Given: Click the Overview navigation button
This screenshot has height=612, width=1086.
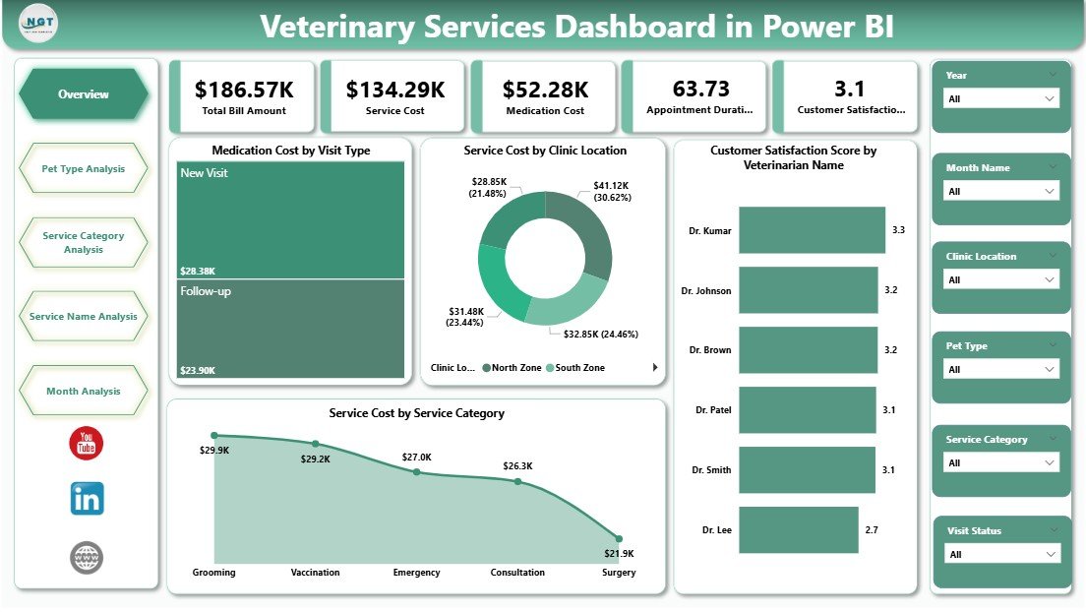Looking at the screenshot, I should tap(84, 94).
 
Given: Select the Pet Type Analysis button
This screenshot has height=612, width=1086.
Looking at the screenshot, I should tap(84, 169).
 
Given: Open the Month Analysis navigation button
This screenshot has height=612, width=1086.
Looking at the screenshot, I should tap(84, 392).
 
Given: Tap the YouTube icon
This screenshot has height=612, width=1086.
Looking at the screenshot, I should tap(87, 444).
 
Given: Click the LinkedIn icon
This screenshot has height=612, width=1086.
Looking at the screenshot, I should tap(87, 499).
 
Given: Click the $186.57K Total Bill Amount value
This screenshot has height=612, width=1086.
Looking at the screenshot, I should tap(241, 90).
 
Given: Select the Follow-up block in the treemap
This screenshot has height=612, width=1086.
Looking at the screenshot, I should tap(291, 330).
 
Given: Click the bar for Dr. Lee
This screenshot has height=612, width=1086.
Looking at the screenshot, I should tap(798, 530).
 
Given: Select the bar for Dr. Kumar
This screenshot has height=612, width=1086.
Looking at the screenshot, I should tap(812, 229).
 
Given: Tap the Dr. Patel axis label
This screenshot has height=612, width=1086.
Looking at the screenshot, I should tap(712, 410).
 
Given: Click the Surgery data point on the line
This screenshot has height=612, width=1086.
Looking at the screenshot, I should tap(619, 538).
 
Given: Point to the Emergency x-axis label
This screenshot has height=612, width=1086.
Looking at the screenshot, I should tap(416, 573).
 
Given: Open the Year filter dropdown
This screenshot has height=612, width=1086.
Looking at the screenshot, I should tap(1001, 98).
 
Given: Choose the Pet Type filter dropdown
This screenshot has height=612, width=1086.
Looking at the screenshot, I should tap(1001, 370).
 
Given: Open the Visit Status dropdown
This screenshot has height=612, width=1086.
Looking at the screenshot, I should tap(1001, 554).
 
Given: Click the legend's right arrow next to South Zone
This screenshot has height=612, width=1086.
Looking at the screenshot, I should tap(655, 368).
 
